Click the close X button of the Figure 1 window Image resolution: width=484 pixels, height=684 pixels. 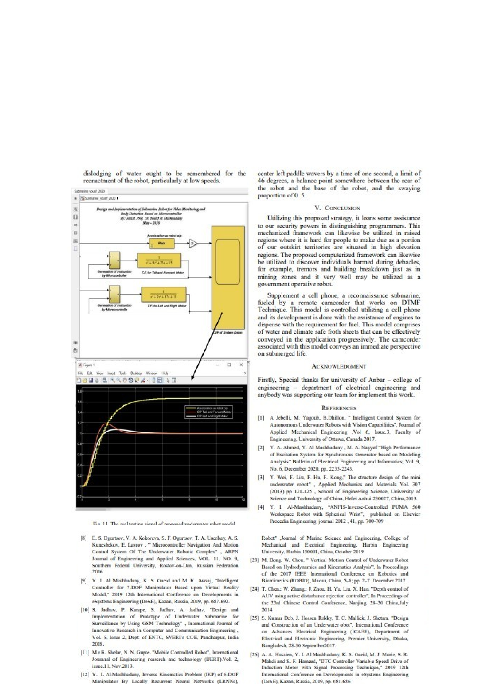tap(241, 365)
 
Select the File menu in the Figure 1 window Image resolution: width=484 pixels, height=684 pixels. tap(80, 373)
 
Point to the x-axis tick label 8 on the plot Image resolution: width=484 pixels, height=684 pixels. tap(190, 500)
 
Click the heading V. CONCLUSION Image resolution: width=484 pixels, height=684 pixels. tap(339, 208)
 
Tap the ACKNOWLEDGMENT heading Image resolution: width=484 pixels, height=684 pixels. tap(339, 367)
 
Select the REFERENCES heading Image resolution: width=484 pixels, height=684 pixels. tap(339, 408)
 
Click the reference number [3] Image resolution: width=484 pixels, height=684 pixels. tap(261, 477)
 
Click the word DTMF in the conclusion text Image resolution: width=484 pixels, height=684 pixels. tap(411, 303)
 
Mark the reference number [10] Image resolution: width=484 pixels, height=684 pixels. tap(85, 610)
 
